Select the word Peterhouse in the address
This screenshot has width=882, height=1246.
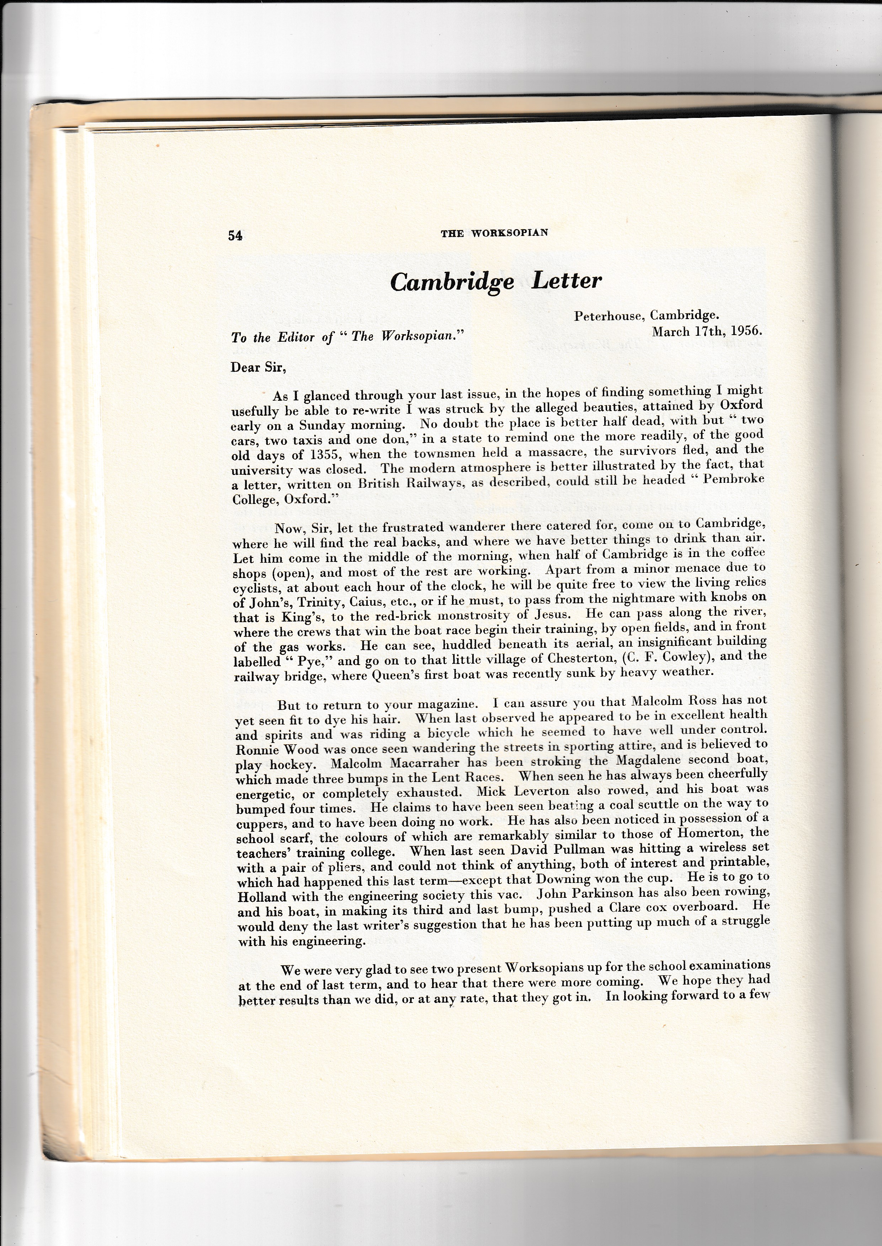click(x=610, y=315)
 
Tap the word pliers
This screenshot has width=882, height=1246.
click(x=346, y=867)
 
